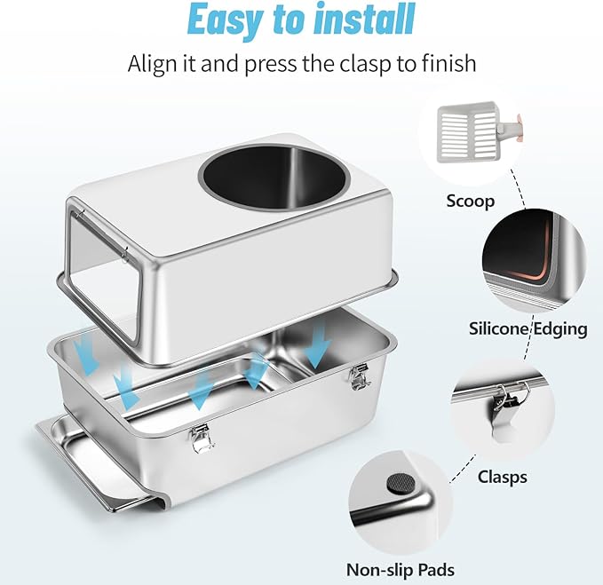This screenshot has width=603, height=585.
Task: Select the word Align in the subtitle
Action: point(156,65)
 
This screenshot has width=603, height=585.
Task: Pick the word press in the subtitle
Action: point(279,65)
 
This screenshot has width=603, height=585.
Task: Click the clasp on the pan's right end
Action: point(360,376)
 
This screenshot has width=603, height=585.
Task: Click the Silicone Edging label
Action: point(528,328)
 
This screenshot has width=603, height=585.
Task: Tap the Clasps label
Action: point(502,477)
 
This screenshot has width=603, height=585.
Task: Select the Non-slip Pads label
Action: point(401,569)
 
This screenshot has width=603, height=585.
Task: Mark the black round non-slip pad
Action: point(393,484)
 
